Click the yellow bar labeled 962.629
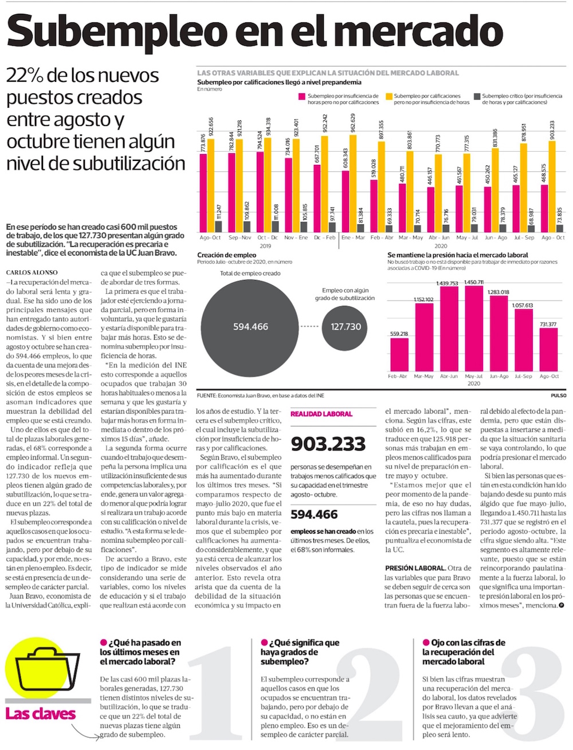pyautogui.click(x=353, y=183)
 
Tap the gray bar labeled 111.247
pyautogui.click(x=218, y=226)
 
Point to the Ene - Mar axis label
pyautogui.click(x=353, y=238)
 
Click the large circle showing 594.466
pyautogui.click(x=250, y=327)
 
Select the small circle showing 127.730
pyautogui.click(x=346, y=327)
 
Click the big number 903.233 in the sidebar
pyautogui.click(x=328, y=444)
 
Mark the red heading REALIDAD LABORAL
pyautogui.click(x=321, y=414)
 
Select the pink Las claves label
pyautogui.click(x=40, y=714)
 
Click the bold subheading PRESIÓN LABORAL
pyautogui.click(x=415, y=568)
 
